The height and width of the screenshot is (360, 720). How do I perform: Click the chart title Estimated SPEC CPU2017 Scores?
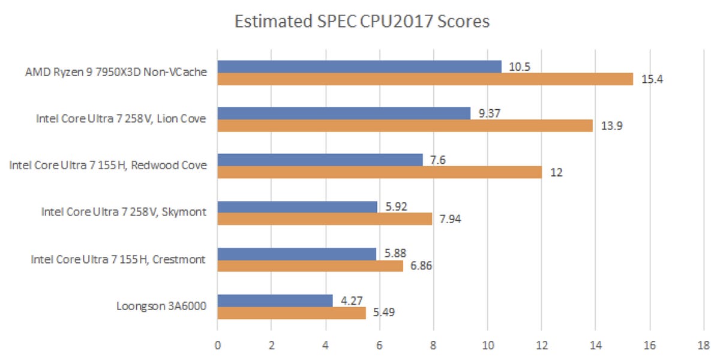point(362,22)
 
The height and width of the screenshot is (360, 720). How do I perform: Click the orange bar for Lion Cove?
point(405,125)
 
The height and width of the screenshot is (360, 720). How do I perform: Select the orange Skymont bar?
point(325,218)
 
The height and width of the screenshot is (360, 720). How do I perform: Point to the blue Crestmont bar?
point(296,254)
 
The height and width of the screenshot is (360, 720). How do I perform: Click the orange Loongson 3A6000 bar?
point(292,313)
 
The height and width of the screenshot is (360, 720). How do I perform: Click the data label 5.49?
point(383,313)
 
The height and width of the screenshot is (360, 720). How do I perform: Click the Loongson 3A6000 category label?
point(161,307)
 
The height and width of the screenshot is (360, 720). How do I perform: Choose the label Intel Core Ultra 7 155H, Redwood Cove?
point(108,165)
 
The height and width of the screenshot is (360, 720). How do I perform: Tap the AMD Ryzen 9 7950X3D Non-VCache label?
point(115,72)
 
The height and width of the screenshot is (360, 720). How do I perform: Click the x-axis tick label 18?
point(703,346)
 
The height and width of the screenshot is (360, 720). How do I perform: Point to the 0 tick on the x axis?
point(217,346)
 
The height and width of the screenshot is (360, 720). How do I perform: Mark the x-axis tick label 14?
point(595,346)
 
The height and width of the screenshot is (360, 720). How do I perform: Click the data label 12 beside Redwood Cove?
point(556,172)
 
